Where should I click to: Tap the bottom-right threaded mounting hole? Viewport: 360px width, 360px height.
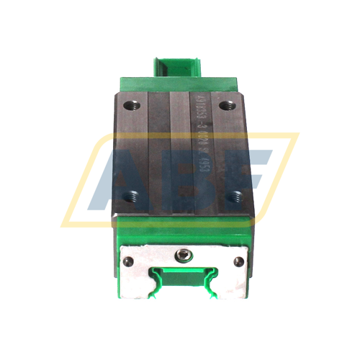[233, 194]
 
